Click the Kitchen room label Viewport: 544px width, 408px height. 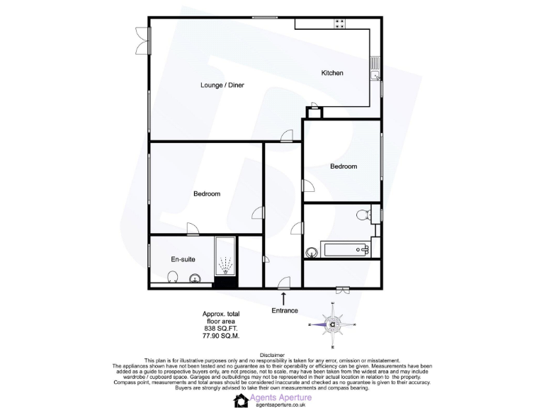point(332,73)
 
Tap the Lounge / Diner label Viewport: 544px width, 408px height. point(222,85)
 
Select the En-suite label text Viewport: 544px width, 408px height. point(183,259)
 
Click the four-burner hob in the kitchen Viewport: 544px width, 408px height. point(339,23)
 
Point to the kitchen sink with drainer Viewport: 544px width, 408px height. point(374,69)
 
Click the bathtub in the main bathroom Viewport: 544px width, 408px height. point(345,249)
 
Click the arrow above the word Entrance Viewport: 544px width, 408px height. point(285,298)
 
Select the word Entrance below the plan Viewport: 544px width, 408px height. point(285,311)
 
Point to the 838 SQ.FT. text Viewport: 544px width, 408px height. point(222,329)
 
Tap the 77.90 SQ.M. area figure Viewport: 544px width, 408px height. point(222,336)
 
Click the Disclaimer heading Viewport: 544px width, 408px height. point(272,355)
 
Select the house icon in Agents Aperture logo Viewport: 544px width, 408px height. point(240,400)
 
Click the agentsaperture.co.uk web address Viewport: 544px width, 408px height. point(280,405)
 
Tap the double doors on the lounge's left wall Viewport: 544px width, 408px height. point(144,40)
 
